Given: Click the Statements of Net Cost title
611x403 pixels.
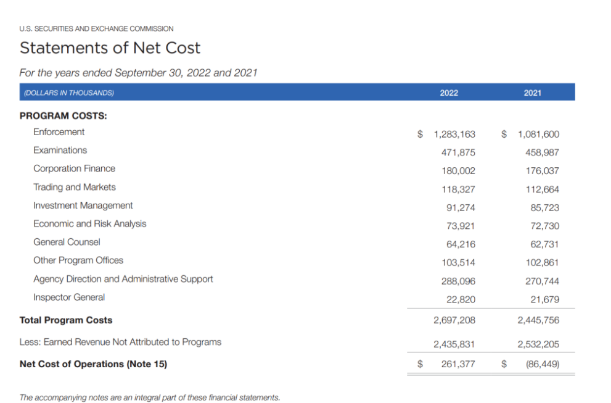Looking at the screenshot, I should click(x=110, y=48).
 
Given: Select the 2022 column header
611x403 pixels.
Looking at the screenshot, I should click(x=449, y=93).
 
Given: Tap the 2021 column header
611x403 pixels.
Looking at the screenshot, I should click(x=533, y=93).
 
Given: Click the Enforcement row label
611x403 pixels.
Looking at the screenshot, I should click(x=59, y=132).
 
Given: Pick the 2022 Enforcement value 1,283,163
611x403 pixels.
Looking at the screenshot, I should click(x=454, y=134).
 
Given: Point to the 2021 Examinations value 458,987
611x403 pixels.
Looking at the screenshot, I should click(x=543, y=152).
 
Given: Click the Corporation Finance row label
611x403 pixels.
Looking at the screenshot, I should click(x=74, y=168).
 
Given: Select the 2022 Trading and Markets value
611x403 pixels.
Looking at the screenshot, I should click(x=458, y=189).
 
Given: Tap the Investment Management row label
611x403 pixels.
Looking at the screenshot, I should click(x=83, y=206).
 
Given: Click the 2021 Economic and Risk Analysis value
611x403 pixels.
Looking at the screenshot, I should click(x=545, y=226).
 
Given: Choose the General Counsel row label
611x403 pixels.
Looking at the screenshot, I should click(x=67, y=242).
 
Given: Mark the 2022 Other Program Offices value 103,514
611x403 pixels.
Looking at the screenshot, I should click(x=458, y=262).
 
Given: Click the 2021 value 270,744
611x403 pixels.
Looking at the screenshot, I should click(x=543, y=281).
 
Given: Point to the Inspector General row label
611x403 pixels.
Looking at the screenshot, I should click(x=69, y=297).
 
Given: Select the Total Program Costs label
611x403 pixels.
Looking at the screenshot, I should click(x=66, y=320).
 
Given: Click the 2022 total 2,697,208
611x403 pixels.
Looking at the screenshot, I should click(x=454, y=320).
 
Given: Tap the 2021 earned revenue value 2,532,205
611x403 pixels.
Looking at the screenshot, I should click(x=539, y=344).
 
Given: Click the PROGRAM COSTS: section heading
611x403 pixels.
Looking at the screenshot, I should click(x=64, y=115).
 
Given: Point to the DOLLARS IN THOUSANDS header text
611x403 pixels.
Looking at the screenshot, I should click(x=68, y=93).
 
